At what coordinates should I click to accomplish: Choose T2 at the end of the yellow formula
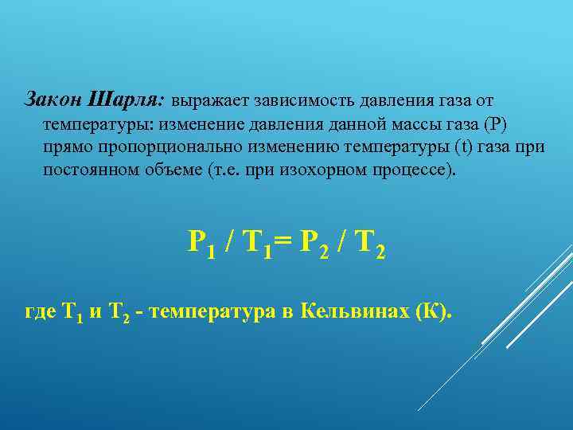click(x=370, y=242)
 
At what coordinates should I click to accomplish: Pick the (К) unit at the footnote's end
click(x=433, y=311)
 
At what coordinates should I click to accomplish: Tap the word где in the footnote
click(x=41, y=312)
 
